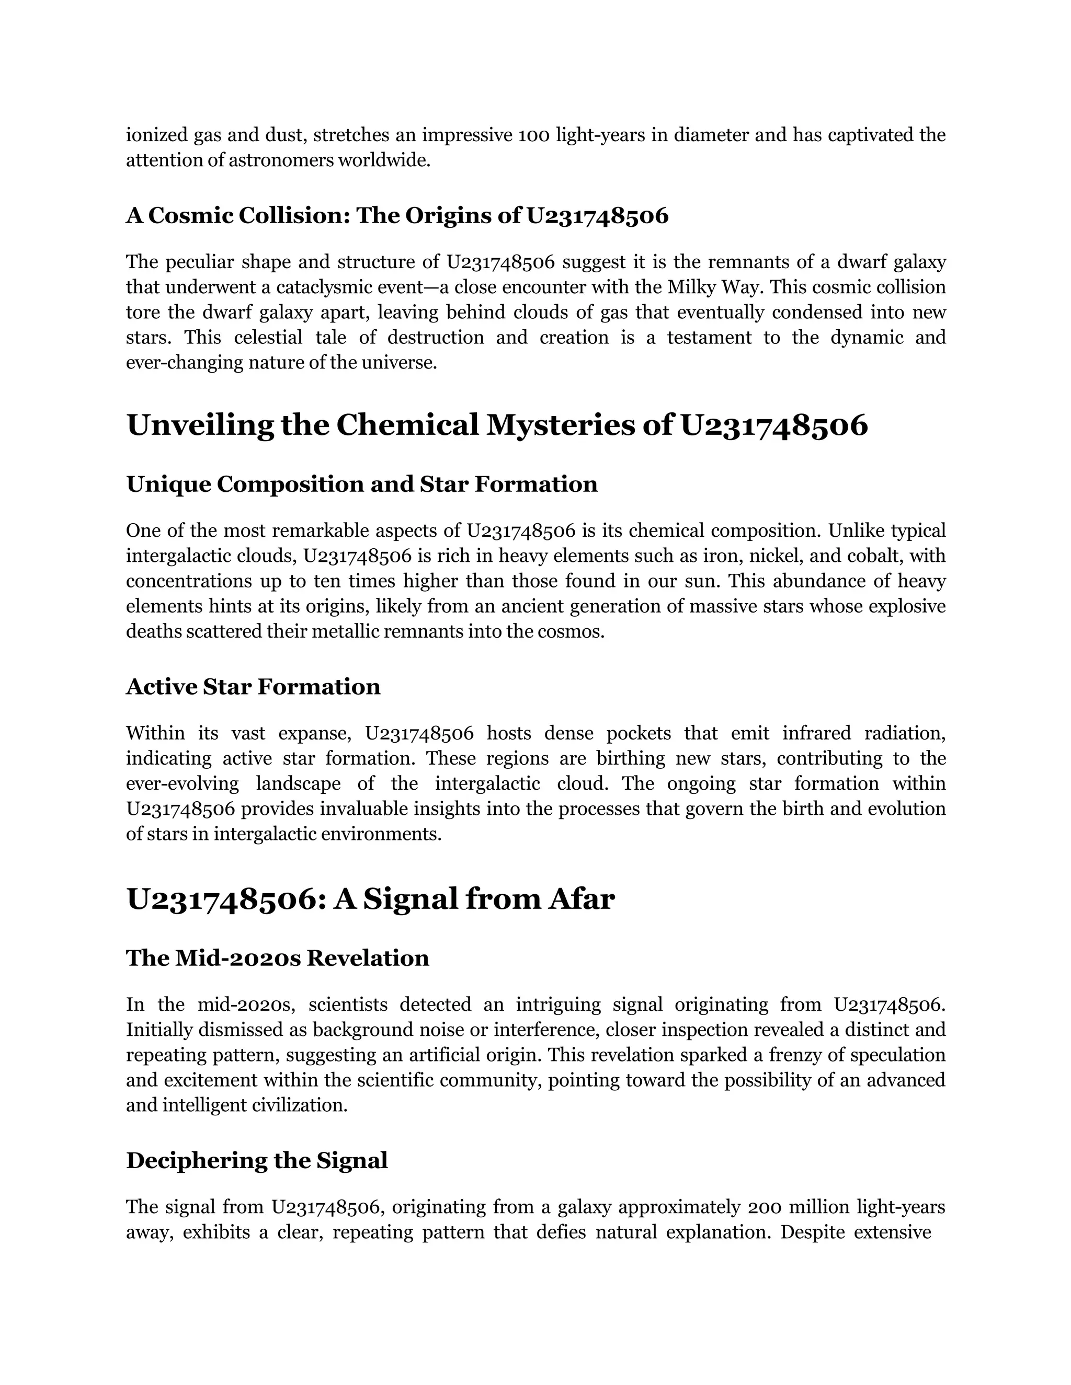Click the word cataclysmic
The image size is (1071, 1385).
pos(333,287)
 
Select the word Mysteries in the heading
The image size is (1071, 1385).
pos(560,425)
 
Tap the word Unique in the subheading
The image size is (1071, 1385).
pos(169,484)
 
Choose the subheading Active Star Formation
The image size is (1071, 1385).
pos(253,687)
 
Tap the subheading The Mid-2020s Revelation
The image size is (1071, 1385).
pos(277,957)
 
